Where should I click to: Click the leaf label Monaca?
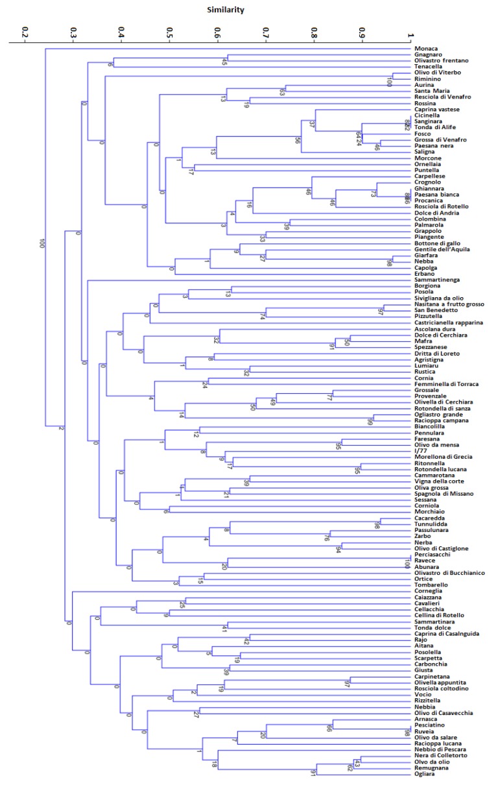pyautogui.click(x=426, y=49)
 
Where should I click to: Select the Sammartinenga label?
pyautogui.click(x=437, y=280)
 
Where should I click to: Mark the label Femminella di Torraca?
pyautogui.click(x=444, y=384)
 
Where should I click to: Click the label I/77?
pyautogui.click(x=422, y=451)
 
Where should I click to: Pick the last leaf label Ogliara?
pyautogui.click(x=425, y=774)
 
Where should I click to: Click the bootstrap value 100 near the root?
pyautogui.click(x=41, y=243)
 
